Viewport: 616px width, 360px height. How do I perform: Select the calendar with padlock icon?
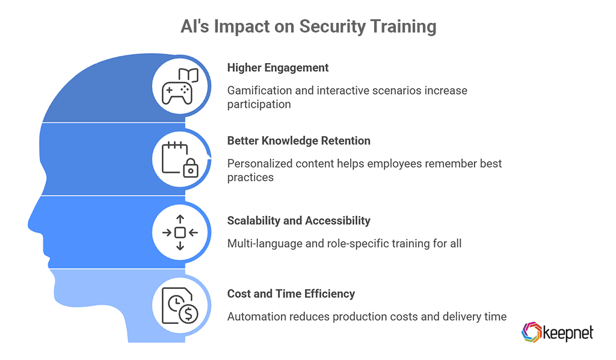point(179,159)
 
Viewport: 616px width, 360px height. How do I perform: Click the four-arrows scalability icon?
point(179,232)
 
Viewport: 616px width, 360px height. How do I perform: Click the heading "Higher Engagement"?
point(278,67)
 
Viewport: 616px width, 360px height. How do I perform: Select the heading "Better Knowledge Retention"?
point(298,141)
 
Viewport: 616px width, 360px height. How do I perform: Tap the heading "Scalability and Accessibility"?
point(298,220)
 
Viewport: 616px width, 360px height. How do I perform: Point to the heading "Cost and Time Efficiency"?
point(291,294)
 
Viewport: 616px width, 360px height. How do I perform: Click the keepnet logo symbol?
point(531,332)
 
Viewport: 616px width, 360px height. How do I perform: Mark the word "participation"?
point(259,104)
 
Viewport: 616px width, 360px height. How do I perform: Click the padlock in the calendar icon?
point(189,169)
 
